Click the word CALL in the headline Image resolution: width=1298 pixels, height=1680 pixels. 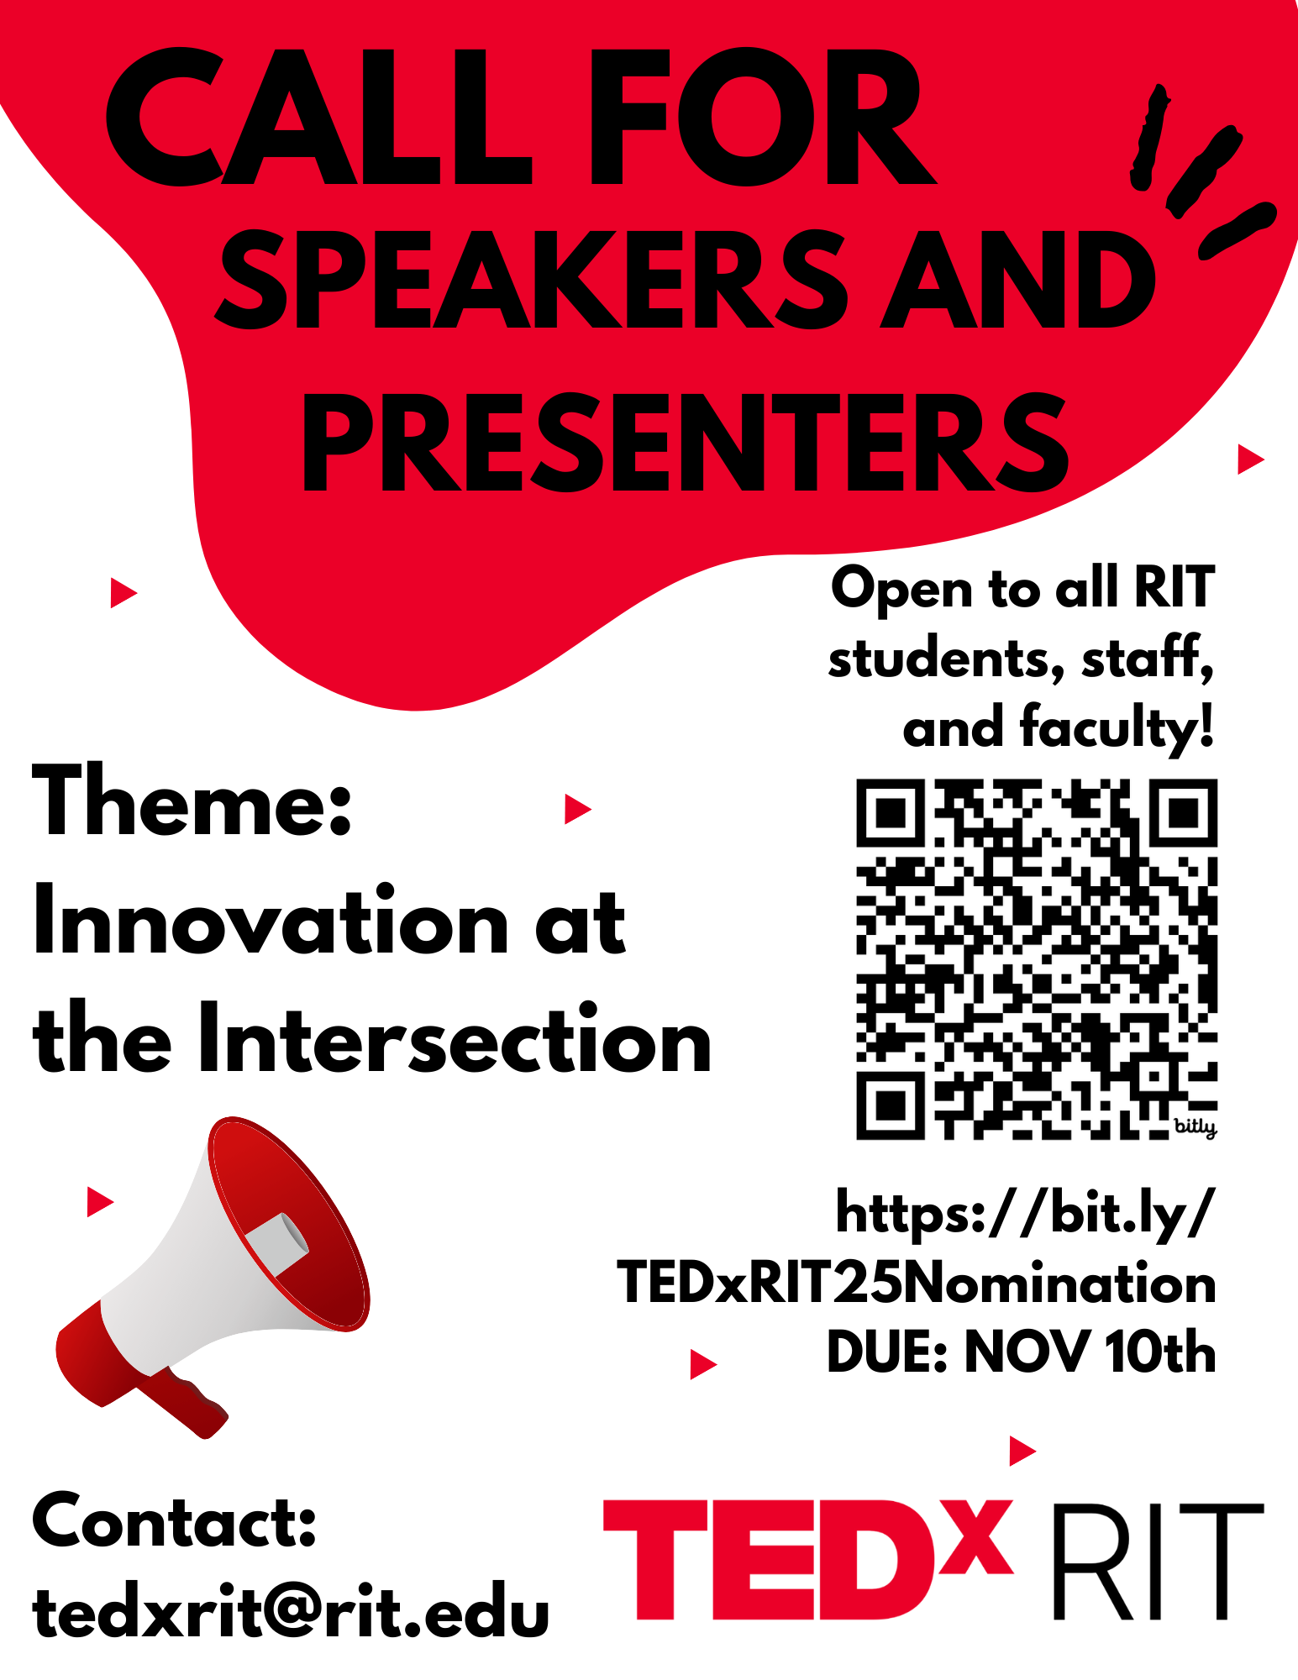click(x=319, y=117)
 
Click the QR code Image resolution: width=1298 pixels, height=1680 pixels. click(x=1037, y=959)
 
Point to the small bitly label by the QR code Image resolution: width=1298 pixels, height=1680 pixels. click(x=1195, y=1126)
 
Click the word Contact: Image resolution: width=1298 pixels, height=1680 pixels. click(x=175, y=1521)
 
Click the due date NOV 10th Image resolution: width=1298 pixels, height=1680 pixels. click(x=1090, y=1352)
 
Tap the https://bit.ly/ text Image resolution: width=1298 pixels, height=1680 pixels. click(x=1026, y=1212)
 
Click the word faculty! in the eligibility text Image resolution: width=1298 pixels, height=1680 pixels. click(x=1117, y=727)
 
